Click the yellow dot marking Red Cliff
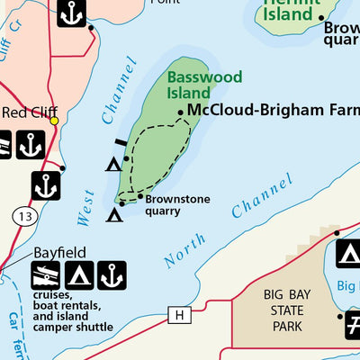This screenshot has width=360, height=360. pos(54,120)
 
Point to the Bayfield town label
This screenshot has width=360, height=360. pos(58,253)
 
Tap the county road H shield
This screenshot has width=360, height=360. pos(180,314)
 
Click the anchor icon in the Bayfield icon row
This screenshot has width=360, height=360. pos(112,276)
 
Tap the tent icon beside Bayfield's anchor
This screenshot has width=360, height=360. pos(79,276)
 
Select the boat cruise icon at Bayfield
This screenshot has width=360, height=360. pos(47,276)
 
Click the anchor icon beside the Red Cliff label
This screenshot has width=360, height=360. pos(31,144)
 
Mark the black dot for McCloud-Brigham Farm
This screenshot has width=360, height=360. pos(181,113)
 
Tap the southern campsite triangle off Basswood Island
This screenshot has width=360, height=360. pos(114,214)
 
